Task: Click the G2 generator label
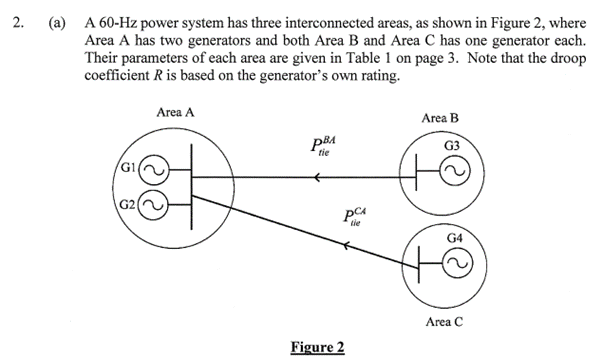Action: coord(128,209)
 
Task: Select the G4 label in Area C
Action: coord(455,239)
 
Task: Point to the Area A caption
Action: coord(175,111)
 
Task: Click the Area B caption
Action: coord(441,118)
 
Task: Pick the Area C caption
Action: coord(444,322)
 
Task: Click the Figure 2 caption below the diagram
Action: coord(316,347)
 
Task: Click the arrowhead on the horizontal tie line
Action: coord(316,179)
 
